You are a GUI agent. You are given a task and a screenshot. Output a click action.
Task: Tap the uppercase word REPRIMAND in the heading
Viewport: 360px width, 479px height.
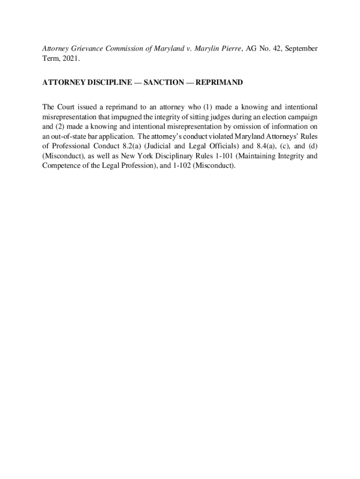click(x=219, y=83)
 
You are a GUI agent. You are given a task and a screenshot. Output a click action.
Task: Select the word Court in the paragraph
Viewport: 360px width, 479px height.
click(x=67, y=107)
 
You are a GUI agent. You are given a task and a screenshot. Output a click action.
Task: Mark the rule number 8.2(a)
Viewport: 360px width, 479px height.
click(x=124, y=146)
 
